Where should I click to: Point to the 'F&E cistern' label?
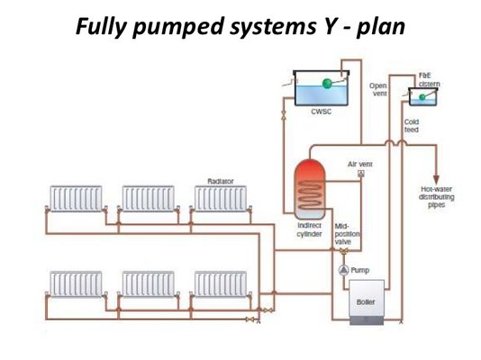click(x=429, y=80)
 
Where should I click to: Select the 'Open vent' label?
click(x=378, y=89)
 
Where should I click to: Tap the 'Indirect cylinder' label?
click(x=309, y=229)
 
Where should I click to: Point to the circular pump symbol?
click(x=341, y=270)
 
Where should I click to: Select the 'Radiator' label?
click(x=221, y=181)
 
